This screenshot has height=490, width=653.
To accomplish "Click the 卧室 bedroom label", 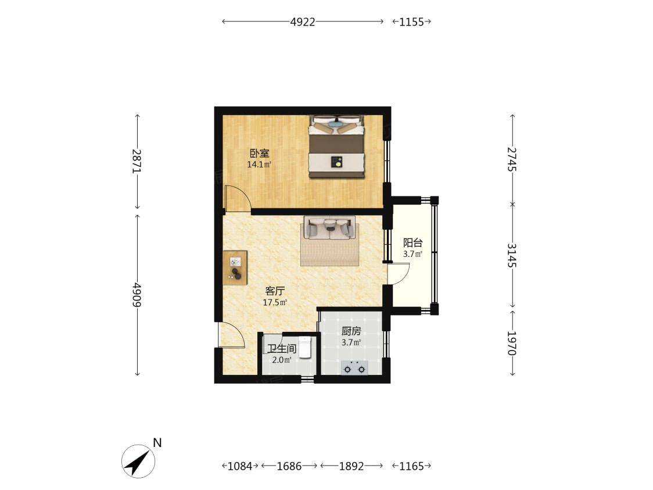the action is [260, 153].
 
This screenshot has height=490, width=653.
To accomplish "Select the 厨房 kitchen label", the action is [351, 331].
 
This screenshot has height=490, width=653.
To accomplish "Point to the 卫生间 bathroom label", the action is [282, 349].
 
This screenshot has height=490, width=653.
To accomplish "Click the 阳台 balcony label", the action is [412, 242].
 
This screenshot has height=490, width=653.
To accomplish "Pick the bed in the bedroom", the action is [336, 146].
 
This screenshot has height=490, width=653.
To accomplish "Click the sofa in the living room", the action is [329, 228].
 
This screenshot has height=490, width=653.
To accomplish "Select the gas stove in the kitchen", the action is [354, 369].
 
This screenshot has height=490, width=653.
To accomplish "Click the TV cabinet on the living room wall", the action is [235, 268].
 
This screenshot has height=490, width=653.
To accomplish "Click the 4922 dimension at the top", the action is [303, 22].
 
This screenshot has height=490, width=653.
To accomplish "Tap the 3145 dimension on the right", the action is [512, 255].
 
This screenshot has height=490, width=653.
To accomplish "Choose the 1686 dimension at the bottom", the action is [289, 466].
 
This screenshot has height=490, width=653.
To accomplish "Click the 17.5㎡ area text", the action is [275, 302].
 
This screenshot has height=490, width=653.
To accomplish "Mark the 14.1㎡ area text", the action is [259, 164].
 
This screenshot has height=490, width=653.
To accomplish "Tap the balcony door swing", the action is [399, 273].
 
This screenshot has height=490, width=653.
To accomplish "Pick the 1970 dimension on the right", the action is [512, 344].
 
